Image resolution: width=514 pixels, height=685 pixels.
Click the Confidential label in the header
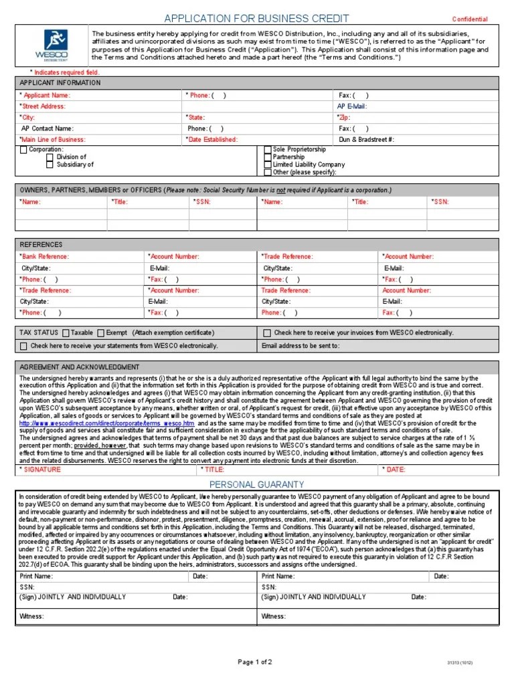click(x=470, y=19)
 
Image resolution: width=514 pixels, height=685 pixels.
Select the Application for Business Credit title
click(x=256, y=18)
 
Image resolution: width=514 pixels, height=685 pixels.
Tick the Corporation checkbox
click(x=24, y=150)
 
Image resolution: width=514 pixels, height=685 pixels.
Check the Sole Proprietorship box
click(x=268, y=149)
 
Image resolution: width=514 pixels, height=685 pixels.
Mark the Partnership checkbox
click(x=268, y=157)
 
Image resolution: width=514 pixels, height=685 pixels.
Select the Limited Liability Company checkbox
click(x=268, y=165)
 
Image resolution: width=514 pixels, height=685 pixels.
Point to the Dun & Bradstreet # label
click(x=366, y=140)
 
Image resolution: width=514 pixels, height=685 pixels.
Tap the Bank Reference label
click(x=45, y=256)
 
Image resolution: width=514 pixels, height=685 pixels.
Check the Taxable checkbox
click(x=66, y=332)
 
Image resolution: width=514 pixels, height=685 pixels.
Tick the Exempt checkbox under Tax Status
click(x=100, y=332)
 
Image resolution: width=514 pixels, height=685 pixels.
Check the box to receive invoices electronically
click(x=267, y=332)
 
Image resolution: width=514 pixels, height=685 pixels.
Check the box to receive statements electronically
click(x=24, y=346)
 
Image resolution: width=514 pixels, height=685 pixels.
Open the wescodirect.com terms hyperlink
click(x=107, y=423)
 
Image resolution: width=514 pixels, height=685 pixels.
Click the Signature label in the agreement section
click(x=41, y=451)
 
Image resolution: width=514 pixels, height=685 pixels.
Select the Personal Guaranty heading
click(x=257, y=465)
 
